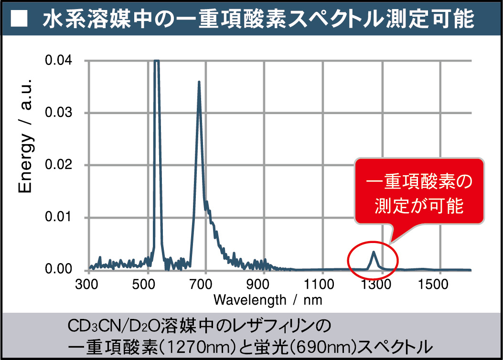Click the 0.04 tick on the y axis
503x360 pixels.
pyautogui.click(x=58, y=61)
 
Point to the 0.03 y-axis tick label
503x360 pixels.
pyautogui.click(x=58, y=113)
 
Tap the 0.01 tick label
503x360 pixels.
pyautogui.click(x=58, y=218)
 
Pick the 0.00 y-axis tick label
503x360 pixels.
pyautogui.click(x=58, y=270)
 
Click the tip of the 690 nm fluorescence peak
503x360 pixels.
pyautogui.click(x=199, y=82)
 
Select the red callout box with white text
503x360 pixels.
pyautogui.click(x=419, y=193)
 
